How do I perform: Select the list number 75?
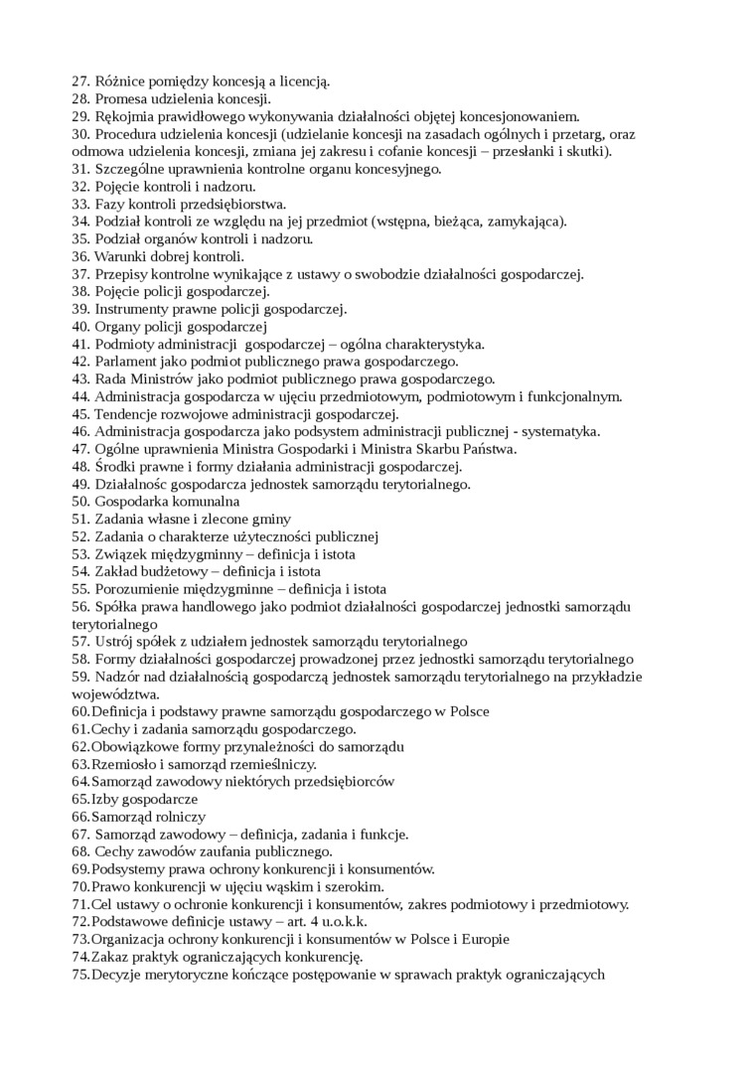click(x=79, y=974)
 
